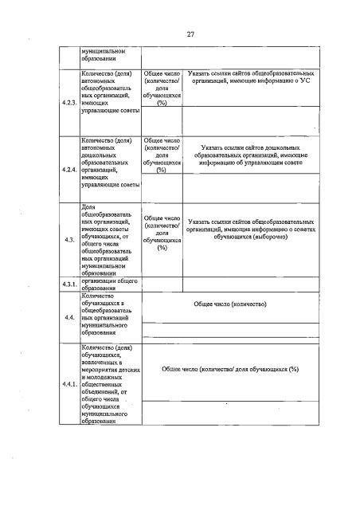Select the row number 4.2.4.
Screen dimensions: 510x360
point(69,170)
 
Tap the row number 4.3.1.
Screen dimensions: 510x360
point(69,284)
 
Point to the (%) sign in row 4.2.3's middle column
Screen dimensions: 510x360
point(162,104)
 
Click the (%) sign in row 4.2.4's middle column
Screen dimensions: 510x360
point(162,170)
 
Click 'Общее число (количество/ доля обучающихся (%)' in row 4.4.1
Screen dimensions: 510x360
point(229,370)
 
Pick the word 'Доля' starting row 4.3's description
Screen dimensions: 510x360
point(88,206)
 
